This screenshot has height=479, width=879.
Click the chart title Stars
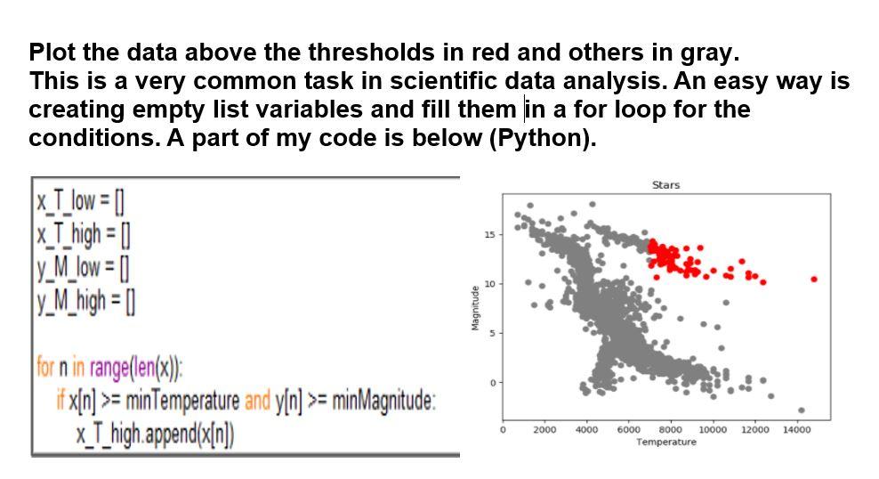[665, 185]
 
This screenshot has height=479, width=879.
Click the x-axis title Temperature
[666, 442]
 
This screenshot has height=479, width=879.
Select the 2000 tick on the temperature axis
[544, 430]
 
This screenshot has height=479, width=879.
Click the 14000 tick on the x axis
[796, 430]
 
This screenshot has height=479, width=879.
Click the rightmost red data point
[813, 280]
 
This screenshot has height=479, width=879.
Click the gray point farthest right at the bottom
[802, 410]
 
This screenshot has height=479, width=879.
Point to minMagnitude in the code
[383, 402]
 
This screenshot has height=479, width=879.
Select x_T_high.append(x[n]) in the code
[156, 436]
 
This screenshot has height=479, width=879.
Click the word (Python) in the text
[542, 139]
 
